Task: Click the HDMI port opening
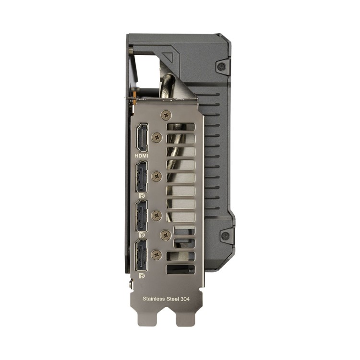tap(143, 137)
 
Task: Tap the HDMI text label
tap(142, 156)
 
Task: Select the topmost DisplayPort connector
tap(142, 176)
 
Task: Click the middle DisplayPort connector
tap(142, 216)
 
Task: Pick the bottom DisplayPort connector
tap(142, 255)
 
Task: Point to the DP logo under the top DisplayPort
tap(142, 196)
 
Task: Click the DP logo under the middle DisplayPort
tap(142, 235)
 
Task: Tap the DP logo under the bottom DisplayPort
tap(142, 276)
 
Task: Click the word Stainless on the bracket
tap(154, 299)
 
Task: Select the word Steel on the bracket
tap(173, 299)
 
